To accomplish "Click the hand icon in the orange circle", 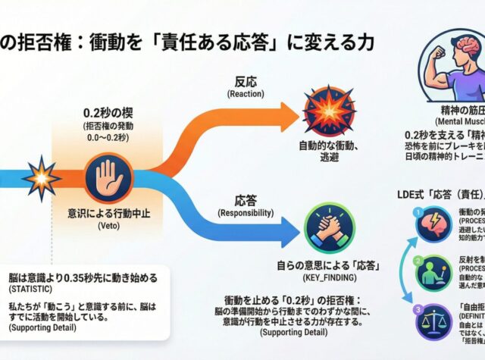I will [x=105, y=178].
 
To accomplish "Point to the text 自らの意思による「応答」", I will [x=329, y=266].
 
